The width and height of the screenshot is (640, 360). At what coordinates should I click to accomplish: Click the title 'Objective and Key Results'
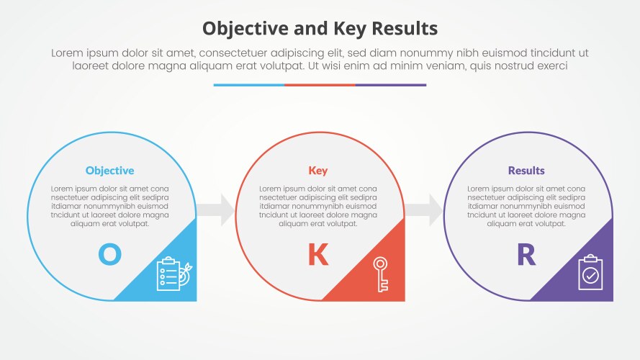320,28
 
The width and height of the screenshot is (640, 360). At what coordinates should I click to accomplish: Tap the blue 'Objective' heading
109,171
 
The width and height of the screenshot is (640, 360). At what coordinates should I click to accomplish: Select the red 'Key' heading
317,171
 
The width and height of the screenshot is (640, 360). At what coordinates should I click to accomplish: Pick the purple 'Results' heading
526,171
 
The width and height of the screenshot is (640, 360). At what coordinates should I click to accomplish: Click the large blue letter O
109,254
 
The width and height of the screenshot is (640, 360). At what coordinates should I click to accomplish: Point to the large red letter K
317,255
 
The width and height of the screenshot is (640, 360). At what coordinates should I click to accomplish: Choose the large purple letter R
526,255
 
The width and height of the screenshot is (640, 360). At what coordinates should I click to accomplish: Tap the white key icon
380,274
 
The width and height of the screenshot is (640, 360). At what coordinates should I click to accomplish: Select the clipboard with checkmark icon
590,274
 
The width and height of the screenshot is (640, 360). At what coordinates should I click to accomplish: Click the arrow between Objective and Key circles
215,210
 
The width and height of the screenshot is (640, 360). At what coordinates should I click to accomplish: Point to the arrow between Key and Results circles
423,210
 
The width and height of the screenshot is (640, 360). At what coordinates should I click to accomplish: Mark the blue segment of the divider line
248,85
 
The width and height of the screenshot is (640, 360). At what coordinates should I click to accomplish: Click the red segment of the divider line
320,85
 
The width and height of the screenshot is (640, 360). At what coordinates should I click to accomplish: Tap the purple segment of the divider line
390,85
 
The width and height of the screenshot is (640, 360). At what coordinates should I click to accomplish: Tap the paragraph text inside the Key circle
317,206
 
